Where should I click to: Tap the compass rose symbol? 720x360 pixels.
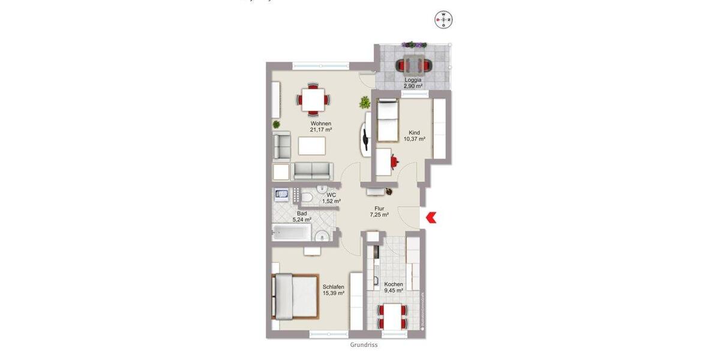point(443,20)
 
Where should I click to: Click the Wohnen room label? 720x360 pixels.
point(321,124)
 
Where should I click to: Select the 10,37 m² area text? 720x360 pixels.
point(414,139)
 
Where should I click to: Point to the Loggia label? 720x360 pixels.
point(413,80)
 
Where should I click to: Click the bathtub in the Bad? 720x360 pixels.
point(292,232)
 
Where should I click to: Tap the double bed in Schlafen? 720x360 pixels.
point(294,296)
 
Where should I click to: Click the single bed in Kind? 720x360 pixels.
point(387,120)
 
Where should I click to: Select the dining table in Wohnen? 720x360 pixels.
point(314,99)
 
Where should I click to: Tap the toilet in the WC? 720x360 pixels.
point(307,197)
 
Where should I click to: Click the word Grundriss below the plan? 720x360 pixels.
point(364,345)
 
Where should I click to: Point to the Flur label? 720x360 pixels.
point(379,208)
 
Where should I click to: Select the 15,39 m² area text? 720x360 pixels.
point(333,293)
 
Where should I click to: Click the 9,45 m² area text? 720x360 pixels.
point(394,291)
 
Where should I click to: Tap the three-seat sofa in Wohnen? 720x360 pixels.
point(312,171)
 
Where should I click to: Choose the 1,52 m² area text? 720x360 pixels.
point(331,202)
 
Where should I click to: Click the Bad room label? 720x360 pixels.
point(302,213)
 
